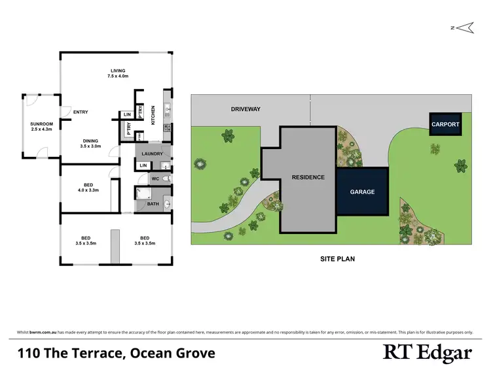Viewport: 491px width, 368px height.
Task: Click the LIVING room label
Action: (118, 71)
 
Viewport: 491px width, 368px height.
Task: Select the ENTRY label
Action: (81, 112)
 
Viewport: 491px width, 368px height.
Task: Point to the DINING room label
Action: (91, 141)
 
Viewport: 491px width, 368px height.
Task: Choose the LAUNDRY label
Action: (152, 154)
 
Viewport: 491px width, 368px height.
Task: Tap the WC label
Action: (155, 178)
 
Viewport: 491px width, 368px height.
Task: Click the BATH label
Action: (153, 204)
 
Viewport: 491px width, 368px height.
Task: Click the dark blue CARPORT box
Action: (445, 124)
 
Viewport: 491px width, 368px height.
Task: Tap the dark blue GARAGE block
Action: (362, 192)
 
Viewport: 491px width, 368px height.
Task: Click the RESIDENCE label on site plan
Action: (308, 177)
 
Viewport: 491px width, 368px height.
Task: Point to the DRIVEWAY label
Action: (245, 109)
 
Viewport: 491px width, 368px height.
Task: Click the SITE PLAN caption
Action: (337, 259)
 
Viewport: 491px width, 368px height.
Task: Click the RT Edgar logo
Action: (427, 353)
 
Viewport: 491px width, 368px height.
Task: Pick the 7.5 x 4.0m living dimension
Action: (118, 76)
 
